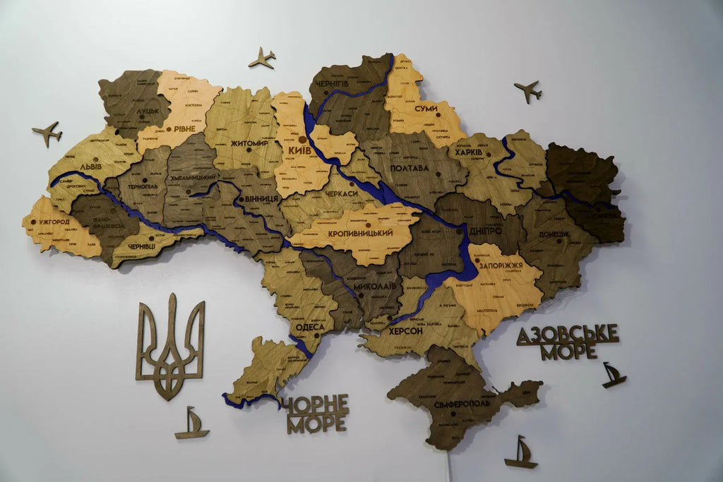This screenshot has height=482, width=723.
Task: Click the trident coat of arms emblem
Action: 170,345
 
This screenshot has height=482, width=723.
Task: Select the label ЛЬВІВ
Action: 90,167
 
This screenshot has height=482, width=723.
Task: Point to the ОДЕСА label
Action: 311,327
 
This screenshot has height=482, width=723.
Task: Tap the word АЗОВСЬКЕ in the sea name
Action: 568,334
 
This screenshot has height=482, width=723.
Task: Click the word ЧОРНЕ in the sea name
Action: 318,404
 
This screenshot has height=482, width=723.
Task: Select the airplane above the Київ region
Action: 262,58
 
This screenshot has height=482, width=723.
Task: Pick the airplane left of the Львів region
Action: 47,133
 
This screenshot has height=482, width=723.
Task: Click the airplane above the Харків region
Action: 528,90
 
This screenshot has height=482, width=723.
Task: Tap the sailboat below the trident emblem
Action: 191,423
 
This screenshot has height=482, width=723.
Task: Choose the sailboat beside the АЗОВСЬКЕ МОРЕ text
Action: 613,375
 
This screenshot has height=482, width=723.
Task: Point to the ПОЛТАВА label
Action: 409,169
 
